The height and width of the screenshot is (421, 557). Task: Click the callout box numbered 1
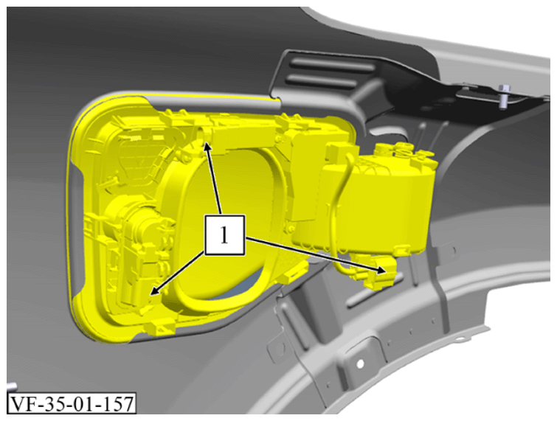(224, 235)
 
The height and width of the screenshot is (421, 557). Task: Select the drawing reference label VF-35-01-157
(72, 403)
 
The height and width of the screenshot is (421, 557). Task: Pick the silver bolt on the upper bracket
(503, 96)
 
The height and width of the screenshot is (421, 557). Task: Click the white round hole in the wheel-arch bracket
(360, 363)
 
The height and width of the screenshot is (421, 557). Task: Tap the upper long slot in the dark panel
(332, 66)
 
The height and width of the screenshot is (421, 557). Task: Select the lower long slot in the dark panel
(322, 81)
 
